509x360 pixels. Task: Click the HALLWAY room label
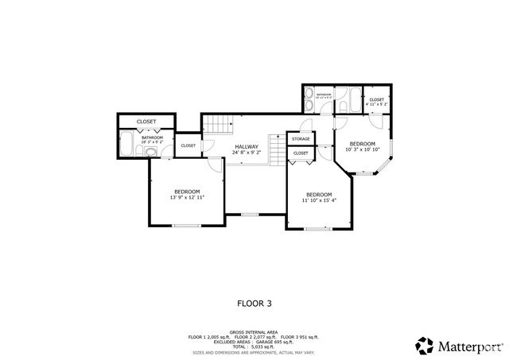coord(247,147)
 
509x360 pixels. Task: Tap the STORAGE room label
coord(301,139)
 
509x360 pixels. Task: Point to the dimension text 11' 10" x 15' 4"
coord(319,201)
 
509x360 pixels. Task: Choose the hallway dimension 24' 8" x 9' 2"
coord(247,154)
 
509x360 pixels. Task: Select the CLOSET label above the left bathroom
coord(146,122)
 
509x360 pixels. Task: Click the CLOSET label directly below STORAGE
coord(301,153)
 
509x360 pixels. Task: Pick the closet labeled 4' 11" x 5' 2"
coord(376,101)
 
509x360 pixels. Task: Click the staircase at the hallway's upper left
coord(217,125)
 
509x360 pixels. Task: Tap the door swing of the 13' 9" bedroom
coord(216,165)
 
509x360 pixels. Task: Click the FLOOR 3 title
coord(254,303)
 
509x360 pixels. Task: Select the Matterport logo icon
coord(425,346)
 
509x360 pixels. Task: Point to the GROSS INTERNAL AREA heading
coord(254,332)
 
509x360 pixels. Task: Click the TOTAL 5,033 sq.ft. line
coord(254,346)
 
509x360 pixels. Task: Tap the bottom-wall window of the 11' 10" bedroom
coord(318,229)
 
